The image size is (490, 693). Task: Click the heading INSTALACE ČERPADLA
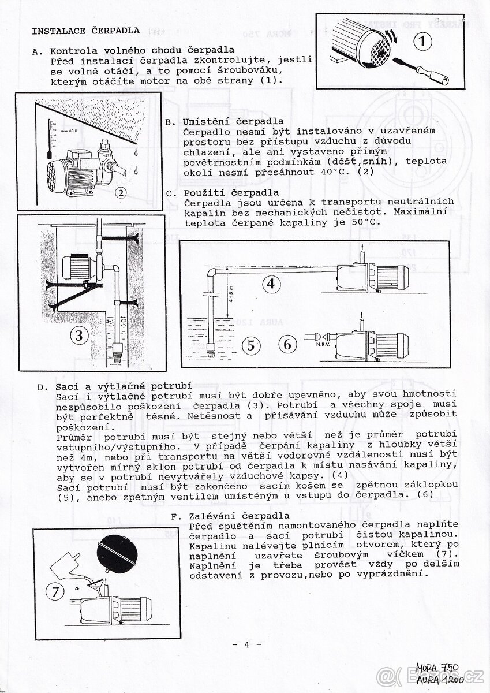click(x=85, y=31)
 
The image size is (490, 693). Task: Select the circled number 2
click(x=120, y=193)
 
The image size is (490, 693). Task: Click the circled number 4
click(x=271, y=284)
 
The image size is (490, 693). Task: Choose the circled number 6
click(x=287, y=344)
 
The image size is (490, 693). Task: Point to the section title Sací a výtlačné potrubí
click(x=123, y=386)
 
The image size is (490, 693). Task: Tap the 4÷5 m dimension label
click(x=231, y=295)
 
